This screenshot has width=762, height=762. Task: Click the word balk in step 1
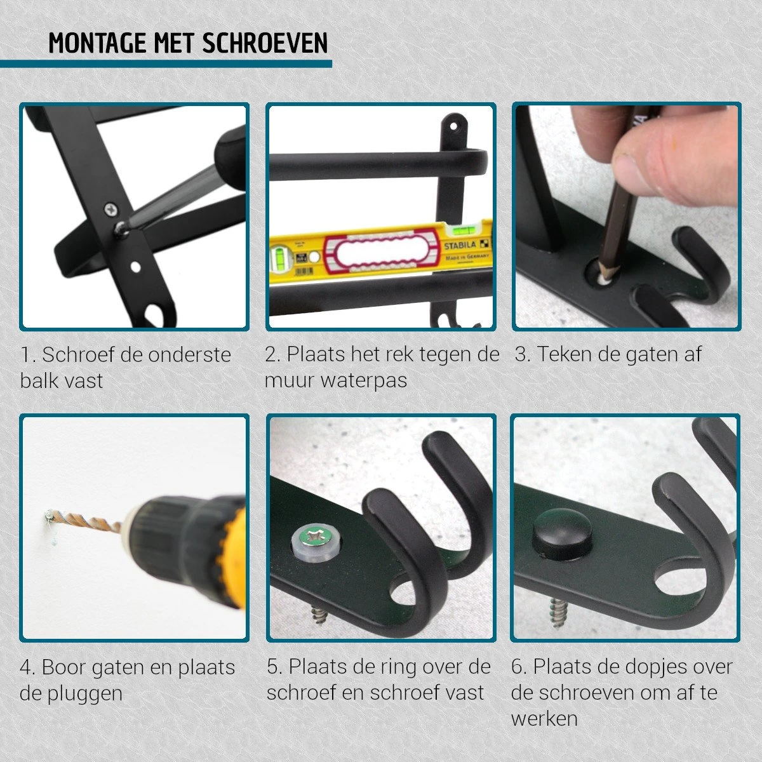tap(37, 381)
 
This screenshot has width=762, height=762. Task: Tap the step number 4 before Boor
tap(26, 668)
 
